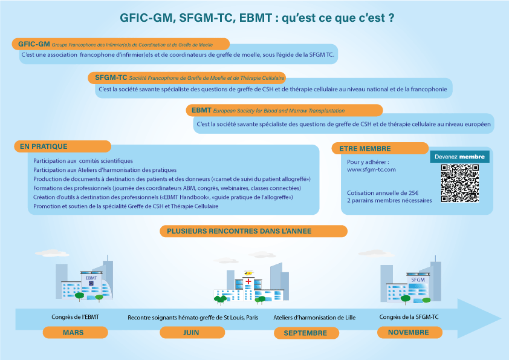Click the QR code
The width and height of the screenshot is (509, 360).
coord(459,183)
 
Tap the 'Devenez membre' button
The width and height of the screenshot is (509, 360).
coord(459,157)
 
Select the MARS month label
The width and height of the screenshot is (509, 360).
coord(76,332)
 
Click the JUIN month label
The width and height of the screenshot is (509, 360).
coord(192,332)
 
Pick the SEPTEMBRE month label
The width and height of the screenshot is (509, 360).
coord(306,333)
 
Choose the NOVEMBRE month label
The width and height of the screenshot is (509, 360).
coord(410,332)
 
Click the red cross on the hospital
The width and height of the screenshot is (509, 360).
coord(248,281)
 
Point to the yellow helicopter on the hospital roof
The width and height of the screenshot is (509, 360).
coord(248,272)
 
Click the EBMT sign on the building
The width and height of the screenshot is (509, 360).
coord(91,278)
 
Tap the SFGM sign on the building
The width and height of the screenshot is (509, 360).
coord(418,280)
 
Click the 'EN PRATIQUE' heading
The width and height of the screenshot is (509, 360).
coord(44,146)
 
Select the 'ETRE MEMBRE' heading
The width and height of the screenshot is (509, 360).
coord(365,149)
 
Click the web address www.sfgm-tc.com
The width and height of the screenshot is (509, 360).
coord(371,169)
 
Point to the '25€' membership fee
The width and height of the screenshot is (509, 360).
coord(413,192)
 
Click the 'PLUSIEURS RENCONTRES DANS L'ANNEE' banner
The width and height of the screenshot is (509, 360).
coord(239,231)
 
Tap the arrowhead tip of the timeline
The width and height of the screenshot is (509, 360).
coord(501,318)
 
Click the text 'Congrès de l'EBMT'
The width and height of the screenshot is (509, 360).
coord(76,317)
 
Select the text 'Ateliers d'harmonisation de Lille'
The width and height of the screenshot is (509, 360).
coord(314,318)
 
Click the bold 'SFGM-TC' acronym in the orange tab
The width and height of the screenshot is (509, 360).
coord(111,77)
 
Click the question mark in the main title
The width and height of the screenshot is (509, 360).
coord(391,18)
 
